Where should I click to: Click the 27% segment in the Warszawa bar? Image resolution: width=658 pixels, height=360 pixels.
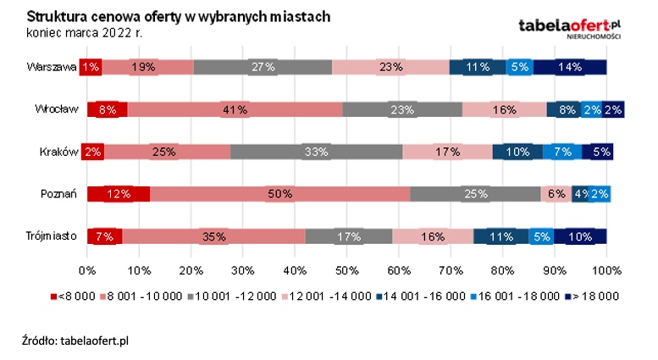point(263,67)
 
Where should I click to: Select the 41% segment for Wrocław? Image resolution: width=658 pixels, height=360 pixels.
point(235,109)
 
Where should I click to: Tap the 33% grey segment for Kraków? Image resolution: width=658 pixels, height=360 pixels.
point(317,152)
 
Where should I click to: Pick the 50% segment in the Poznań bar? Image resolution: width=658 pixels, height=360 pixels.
point(279,194)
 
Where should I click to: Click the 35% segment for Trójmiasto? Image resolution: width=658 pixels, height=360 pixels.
point(213,236)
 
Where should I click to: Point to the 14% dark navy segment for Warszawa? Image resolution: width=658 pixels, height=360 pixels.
point(570,67)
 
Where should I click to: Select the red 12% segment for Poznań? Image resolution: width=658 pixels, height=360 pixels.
point(119,194)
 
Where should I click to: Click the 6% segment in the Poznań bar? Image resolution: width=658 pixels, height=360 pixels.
point(556,194)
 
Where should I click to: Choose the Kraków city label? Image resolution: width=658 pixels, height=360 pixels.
point(58,152)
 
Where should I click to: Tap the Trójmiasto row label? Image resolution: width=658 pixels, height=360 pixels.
point(52,236)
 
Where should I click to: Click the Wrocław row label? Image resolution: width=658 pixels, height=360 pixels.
point(56,109)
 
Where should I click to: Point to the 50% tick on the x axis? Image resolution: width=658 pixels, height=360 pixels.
point(346,270)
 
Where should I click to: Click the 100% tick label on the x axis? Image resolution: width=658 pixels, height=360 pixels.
point(606,270)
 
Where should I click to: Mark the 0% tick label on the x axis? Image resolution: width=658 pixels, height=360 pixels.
point(86,270)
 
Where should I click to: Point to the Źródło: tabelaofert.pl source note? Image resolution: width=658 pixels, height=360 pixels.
point(75,340)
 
